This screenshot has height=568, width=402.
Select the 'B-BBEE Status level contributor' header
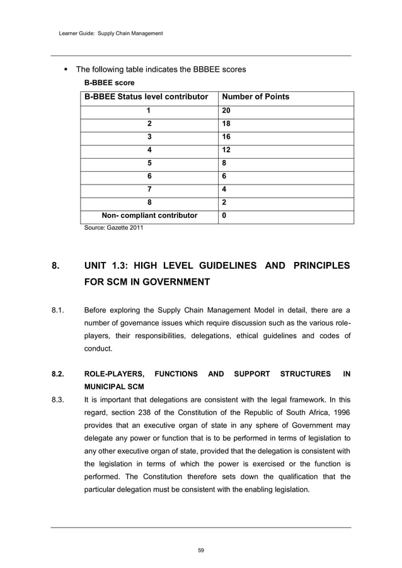click(x=146, y=97)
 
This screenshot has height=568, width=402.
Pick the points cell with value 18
click(x=226, y=125)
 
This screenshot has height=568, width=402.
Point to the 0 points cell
click(x=224, y=215)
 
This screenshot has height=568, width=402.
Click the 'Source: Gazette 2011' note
click(x=113, y=228)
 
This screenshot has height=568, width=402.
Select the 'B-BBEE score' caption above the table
click(x=109, y=82)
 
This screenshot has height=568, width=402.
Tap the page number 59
click(x=201, y=550)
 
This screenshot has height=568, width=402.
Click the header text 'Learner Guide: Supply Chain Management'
click(x=106, y=33)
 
